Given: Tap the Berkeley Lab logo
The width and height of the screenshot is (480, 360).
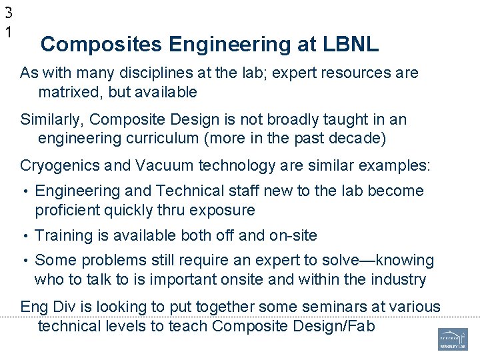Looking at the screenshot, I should (453, 339).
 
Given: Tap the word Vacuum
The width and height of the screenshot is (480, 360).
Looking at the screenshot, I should (144, 166).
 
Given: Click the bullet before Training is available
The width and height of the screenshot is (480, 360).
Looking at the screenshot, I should (25, 236).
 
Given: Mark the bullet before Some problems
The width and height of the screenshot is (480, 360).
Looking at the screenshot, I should (25, 261).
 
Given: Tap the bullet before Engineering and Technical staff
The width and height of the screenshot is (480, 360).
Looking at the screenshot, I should (25, 191).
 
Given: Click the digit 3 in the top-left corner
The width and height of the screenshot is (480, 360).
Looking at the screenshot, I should (8, 12).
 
